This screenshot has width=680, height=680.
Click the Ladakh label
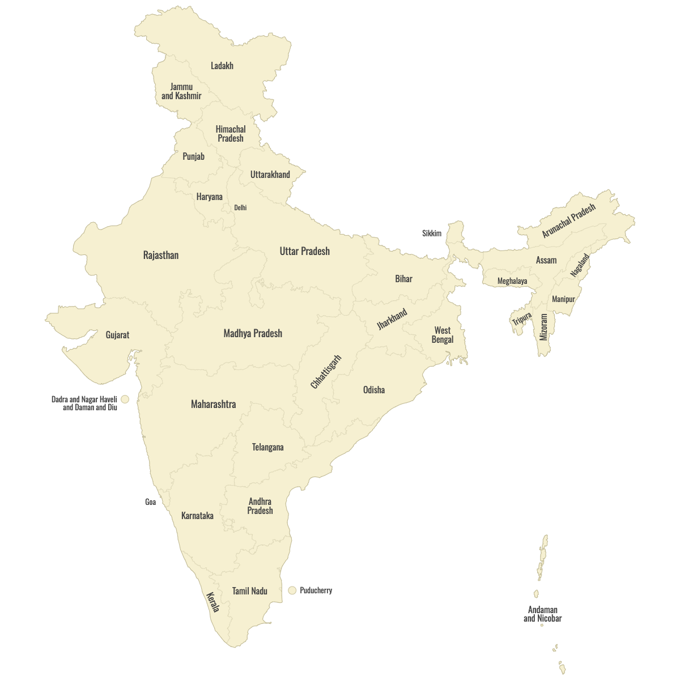coord(222,66)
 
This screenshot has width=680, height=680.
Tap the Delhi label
coord(240,207)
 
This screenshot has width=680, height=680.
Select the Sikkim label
coord(431,233)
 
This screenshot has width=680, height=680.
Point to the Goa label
coord(150,502)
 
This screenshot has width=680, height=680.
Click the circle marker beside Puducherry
coord(292,590)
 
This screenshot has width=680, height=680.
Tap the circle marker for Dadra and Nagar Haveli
coord(125,399)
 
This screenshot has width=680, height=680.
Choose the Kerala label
coord(212,602)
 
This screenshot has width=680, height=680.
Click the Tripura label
coord(522,319)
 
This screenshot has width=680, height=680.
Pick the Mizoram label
coord(544,327)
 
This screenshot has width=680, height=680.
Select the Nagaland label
coord(580,265)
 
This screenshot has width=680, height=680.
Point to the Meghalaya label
coord(512,281)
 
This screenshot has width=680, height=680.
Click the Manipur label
coord(563,299)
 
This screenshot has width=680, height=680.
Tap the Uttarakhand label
coord(270,175)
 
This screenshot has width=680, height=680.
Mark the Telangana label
coord(267,447)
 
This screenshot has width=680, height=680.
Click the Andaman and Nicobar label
coord(542,614)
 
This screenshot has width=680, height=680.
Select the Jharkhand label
coord(392,320)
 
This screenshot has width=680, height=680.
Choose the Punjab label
coord(193,156)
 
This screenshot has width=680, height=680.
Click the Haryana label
coord(209,197)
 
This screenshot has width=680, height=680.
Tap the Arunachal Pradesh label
coord(569,221)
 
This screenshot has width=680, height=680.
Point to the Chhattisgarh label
coord(326,372)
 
